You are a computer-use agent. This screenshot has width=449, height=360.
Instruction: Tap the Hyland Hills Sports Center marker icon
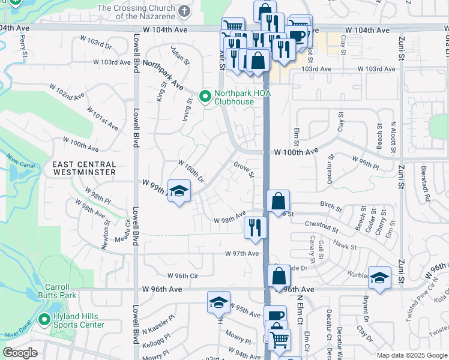coord(43,320)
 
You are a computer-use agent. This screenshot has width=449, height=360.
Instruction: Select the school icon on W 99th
coord(179,191)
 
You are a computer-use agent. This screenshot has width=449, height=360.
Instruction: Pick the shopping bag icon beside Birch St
coord(279,201)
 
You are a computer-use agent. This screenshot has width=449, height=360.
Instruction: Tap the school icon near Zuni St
coord(379,277)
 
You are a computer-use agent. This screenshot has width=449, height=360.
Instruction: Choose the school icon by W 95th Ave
coord(219,302)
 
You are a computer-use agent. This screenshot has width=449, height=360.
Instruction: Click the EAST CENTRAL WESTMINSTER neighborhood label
coord(83,168)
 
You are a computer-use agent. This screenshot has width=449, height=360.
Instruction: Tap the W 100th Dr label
coord(191,171)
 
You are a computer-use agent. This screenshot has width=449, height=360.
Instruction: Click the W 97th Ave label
coord(242,254)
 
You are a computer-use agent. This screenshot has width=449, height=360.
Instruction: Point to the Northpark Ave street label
coord(163,75)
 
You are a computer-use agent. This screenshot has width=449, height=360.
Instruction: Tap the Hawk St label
coord(345,246)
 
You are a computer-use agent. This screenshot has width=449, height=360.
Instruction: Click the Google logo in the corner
coord(20,353)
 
